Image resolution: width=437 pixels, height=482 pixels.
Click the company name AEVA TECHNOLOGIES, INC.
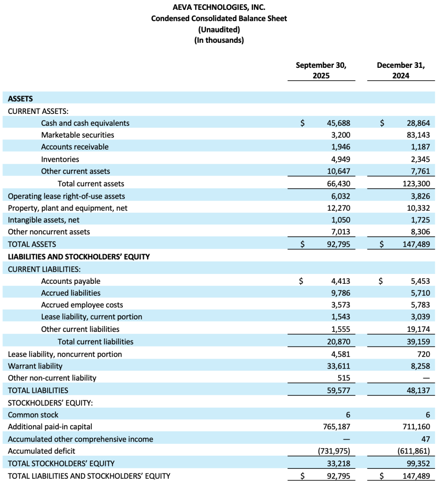pos(219,7)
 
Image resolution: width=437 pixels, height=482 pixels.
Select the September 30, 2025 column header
pos(321,70)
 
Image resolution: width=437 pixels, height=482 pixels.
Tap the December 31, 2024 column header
pos(400,70)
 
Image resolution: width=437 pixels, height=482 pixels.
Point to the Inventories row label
pos(60,159)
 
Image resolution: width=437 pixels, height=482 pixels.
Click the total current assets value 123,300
pos(416,184)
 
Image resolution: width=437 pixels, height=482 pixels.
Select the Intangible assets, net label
pos(44,220)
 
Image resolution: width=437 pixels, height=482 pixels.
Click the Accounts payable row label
pos(71,281)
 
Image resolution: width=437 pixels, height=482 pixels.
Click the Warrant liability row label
pos(35,366)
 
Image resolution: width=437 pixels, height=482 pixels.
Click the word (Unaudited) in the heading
pos(219,29)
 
